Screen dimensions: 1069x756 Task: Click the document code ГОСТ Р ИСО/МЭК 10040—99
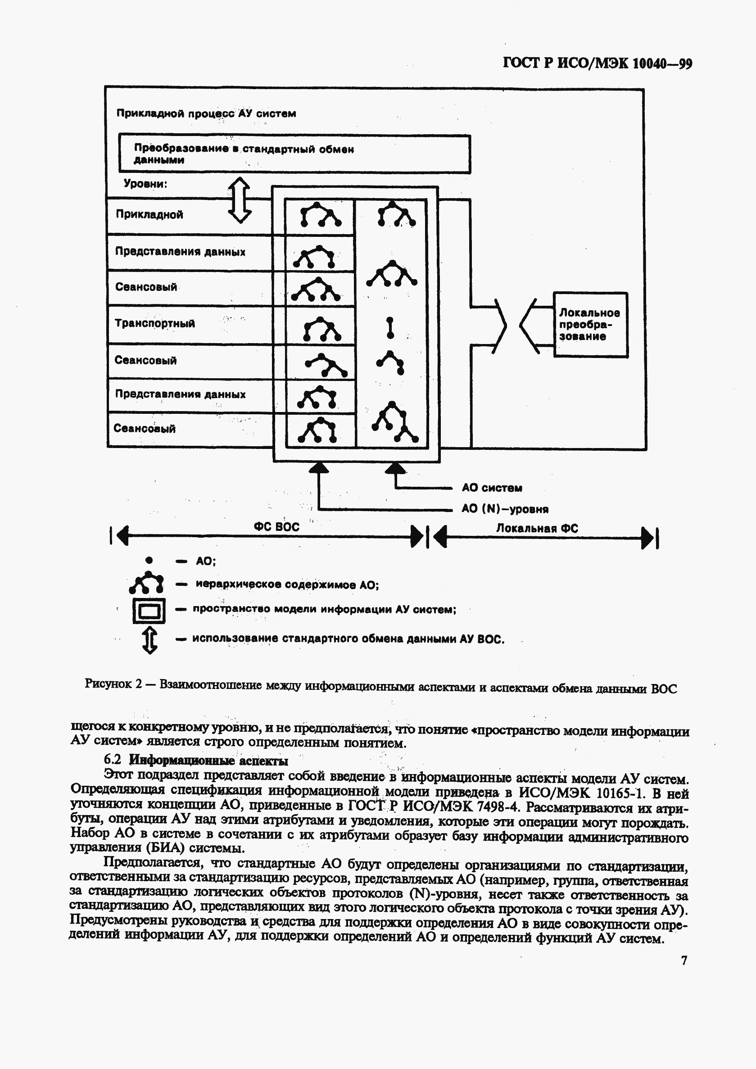[x=597, y=63]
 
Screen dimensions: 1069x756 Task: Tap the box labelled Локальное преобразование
[x=590, y=325]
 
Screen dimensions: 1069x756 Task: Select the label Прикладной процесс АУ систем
[x=206, y=113]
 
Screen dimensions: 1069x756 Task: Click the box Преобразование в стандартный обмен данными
[x=294, y=154]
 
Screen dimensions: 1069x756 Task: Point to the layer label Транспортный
[x=154, y=323]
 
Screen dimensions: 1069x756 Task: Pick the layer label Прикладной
[x=149, y=214]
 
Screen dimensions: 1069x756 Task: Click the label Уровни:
[x=145, y=183]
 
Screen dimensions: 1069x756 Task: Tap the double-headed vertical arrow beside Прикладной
[x=239, y=200]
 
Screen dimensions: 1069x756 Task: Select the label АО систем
[x=492, y=488]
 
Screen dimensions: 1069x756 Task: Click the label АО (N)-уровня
[x=505, y=508]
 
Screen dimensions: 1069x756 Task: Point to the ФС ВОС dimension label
[x=276, y=526]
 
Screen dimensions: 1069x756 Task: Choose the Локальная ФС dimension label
[x=537, y=528]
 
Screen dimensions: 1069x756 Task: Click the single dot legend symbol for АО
[x=149, y=560]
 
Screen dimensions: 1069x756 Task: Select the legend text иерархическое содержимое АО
[x=287, y=584]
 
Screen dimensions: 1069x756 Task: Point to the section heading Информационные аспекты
[x=208, y=760]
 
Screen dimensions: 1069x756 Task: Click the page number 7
[x=684, y=960]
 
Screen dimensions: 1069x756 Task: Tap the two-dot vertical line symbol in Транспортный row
[x=390, y=327]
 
